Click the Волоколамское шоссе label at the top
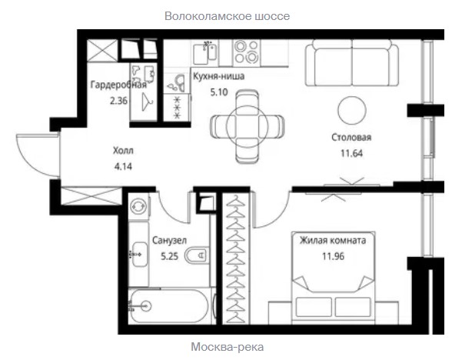(x=228, y=16)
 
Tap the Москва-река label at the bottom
(x=228, y=347)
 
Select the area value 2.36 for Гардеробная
(x=118, y=101)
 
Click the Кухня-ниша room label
(x=218, y=76)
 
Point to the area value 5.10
(x=219, y=92)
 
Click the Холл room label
(x=123, y=151)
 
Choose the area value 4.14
(x=123, y=167)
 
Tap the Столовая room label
(x=351, y=138)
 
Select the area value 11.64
(x=351, y=153)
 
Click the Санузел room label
(x=169, y=240)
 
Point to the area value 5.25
(x=169, y=256)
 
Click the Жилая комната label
(x=333, y=240)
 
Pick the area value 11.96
(x=333, y=256)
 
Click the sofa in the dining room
(x=352, y=63)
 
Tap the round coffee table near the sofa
(x=352, y=110)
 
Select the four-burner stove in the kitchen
(x=246, y=52)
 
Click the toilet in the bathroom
(x=197, y=255)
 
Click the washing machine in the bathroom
(x=138, y=206)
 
